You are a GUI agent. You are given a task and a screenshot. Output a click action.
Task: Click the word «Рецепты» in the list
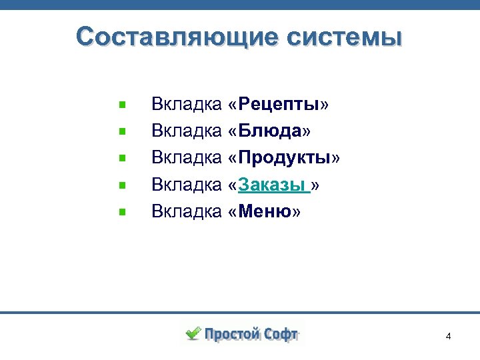click(279, 105)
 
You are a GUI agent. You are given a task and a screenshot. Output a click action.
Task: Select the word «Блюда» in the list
click(270, 131)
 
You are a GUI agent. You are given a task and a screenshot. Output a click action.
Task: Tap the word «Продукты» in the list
click(285, 158)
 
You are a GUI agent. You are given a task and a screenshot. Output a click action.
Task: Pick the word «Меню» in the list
click(265, 212)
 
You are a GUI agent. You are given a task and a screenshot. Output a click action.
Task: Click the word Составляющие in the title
click(175, 37)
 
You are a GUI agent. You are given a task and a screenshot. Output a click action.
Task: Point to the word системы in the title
click(341, 37)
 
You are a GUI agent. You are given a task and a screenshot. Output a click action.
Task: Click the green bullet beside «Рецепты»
click(122, 105)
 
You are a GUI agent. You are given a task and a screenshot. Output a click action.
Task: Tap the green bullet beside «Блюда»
click(122, 132)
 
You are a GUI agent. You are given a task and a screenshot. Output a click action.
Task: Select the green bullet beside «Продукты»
click(122, 159)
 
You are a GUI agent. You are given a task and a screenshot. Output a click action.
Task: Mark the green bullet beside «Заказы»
click(122, 186)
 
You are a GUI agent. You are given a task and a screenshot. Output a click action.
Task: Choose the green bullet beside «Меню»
click(122, 213)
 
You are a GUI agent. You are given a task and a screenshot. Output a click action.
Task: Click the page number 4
click(449, 336)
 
